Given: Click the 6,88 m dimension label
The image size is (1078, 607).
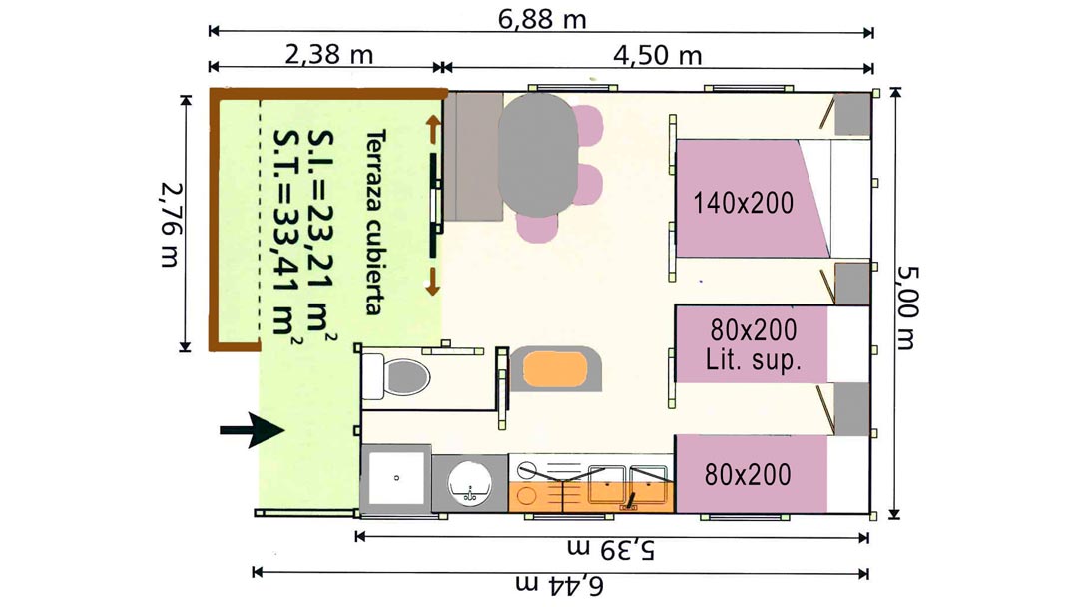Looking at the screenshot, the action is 542,19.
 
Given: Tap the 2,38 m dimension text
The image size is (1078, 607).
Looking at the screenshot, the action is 328,54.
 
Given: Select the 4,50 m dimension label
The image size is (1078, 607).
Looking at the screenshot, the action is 657,54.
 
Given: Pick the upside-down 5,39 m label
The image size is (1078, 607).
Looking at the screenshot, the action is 611,548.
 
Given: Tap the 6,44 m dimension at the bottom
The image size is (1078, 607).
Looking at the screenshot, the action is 559,585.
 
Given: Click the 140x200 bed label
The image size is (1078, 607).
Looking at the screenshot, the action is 744,203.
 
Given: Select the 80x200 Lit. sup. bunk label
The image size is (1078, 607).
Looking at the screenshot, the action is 754,344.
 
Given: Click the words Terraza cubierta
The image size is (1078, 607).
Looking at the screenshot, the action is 375,222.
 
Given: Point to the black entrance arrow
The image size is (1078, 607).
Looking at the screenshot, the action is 253,431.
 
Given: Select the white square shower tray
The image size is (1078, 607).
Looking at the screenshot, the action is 396,478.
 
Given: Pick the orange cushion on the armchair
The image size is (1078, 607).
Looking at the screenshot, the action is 555,370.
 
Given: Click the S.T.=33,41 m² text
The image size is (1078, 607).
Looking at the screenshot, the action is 286,233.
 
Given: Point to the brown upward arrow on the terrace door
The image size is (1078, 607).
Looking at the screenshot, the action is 433,129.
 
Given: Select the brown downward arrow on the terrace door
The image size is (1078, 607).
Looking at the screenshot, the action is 432,282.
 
